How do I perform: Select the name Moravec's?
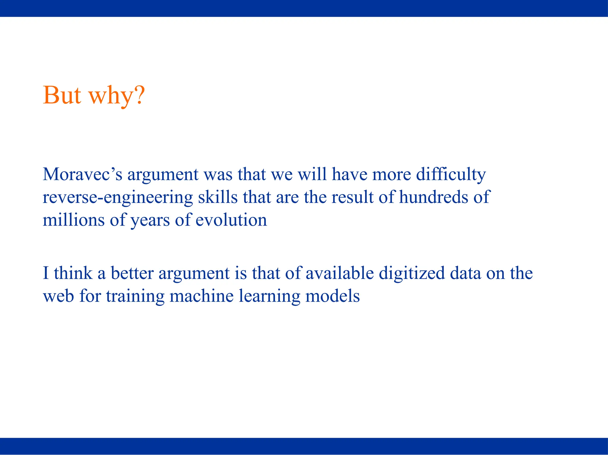click(x=82, y=174)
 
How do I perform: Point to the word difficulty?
click(x=451, y=174)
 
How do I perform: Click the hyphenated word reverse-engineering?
click(x=118, y=197)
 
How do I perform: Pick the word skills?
click(x=218, y=197)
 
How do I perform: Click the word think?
click(x=73, y=273)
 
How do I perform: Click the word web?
click(x=58, y=296)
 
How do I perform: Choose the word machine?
click(x=201, y=296)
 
